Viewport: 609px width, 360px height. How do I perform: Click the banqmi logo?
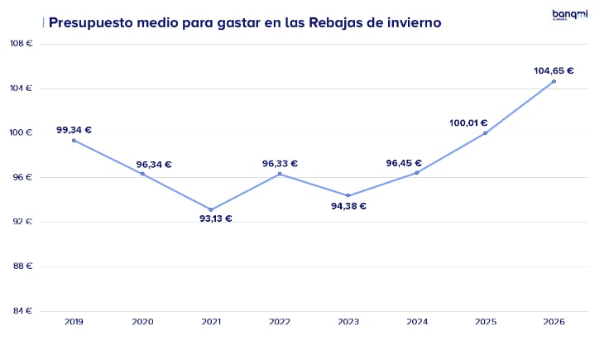coord(569,15)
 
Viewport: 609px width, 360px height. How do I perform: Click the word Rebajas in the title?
coord(335,22)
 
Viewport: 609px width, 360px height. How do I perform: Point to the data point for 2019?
coord(74,140)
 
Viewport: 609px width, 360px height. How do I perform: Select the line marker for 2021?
coord(211,209)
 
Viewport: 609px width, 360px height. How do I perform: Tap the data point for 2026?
coord(554,81)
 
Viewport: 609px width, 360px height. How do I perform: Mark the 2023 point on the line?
coord(348,195)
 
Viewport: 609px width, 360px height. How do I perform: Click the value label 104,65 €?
coord(554,70)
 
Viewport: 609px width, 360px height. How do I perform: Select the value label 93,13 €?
coord(216,218)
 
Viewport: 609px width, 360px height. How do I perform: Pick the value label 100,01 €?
coord(468,122)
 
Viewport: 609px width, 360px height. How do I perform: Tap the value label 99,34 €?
coord(74,130)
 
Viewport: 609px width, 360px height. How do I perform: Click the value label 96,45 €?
coord(404,163)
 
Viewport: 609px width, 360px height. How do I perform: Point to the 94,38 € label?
coord(348,206)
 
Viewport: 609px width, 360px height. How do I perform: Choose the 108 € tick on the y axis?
coord(20,43)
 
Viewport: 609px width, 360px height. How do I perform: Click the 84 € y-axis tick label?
coord(22,311)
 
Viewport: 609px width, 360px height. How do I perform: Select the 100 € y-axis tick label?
coord(20,132)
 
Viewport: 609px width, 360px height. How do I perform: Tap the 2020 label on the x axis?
coord(142,321)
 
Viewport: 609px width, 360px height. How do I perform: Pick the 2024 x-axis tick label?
coord(417,321)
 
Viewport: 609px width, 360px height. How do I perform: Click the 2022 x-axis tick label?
coord(280,321)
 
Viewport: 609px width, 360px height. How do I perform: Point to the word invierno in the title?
coord(405,22)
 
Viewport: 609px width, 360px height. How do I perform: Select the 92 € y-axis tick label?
coord(22,222)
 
